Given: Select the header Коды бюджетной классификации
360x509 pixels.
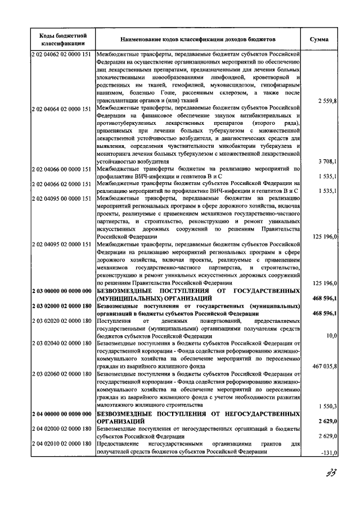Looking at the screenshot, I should [x=62, y=39].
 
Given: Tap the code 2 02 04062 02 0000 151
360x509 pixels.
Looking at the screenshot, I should [x=61, y=54].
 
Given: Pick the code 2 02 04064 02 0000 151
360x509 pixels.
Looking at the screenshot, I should [x=61, y=107].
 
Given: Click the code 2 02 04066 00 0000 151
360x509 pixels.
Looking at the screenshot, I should [x=61, y=168].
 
